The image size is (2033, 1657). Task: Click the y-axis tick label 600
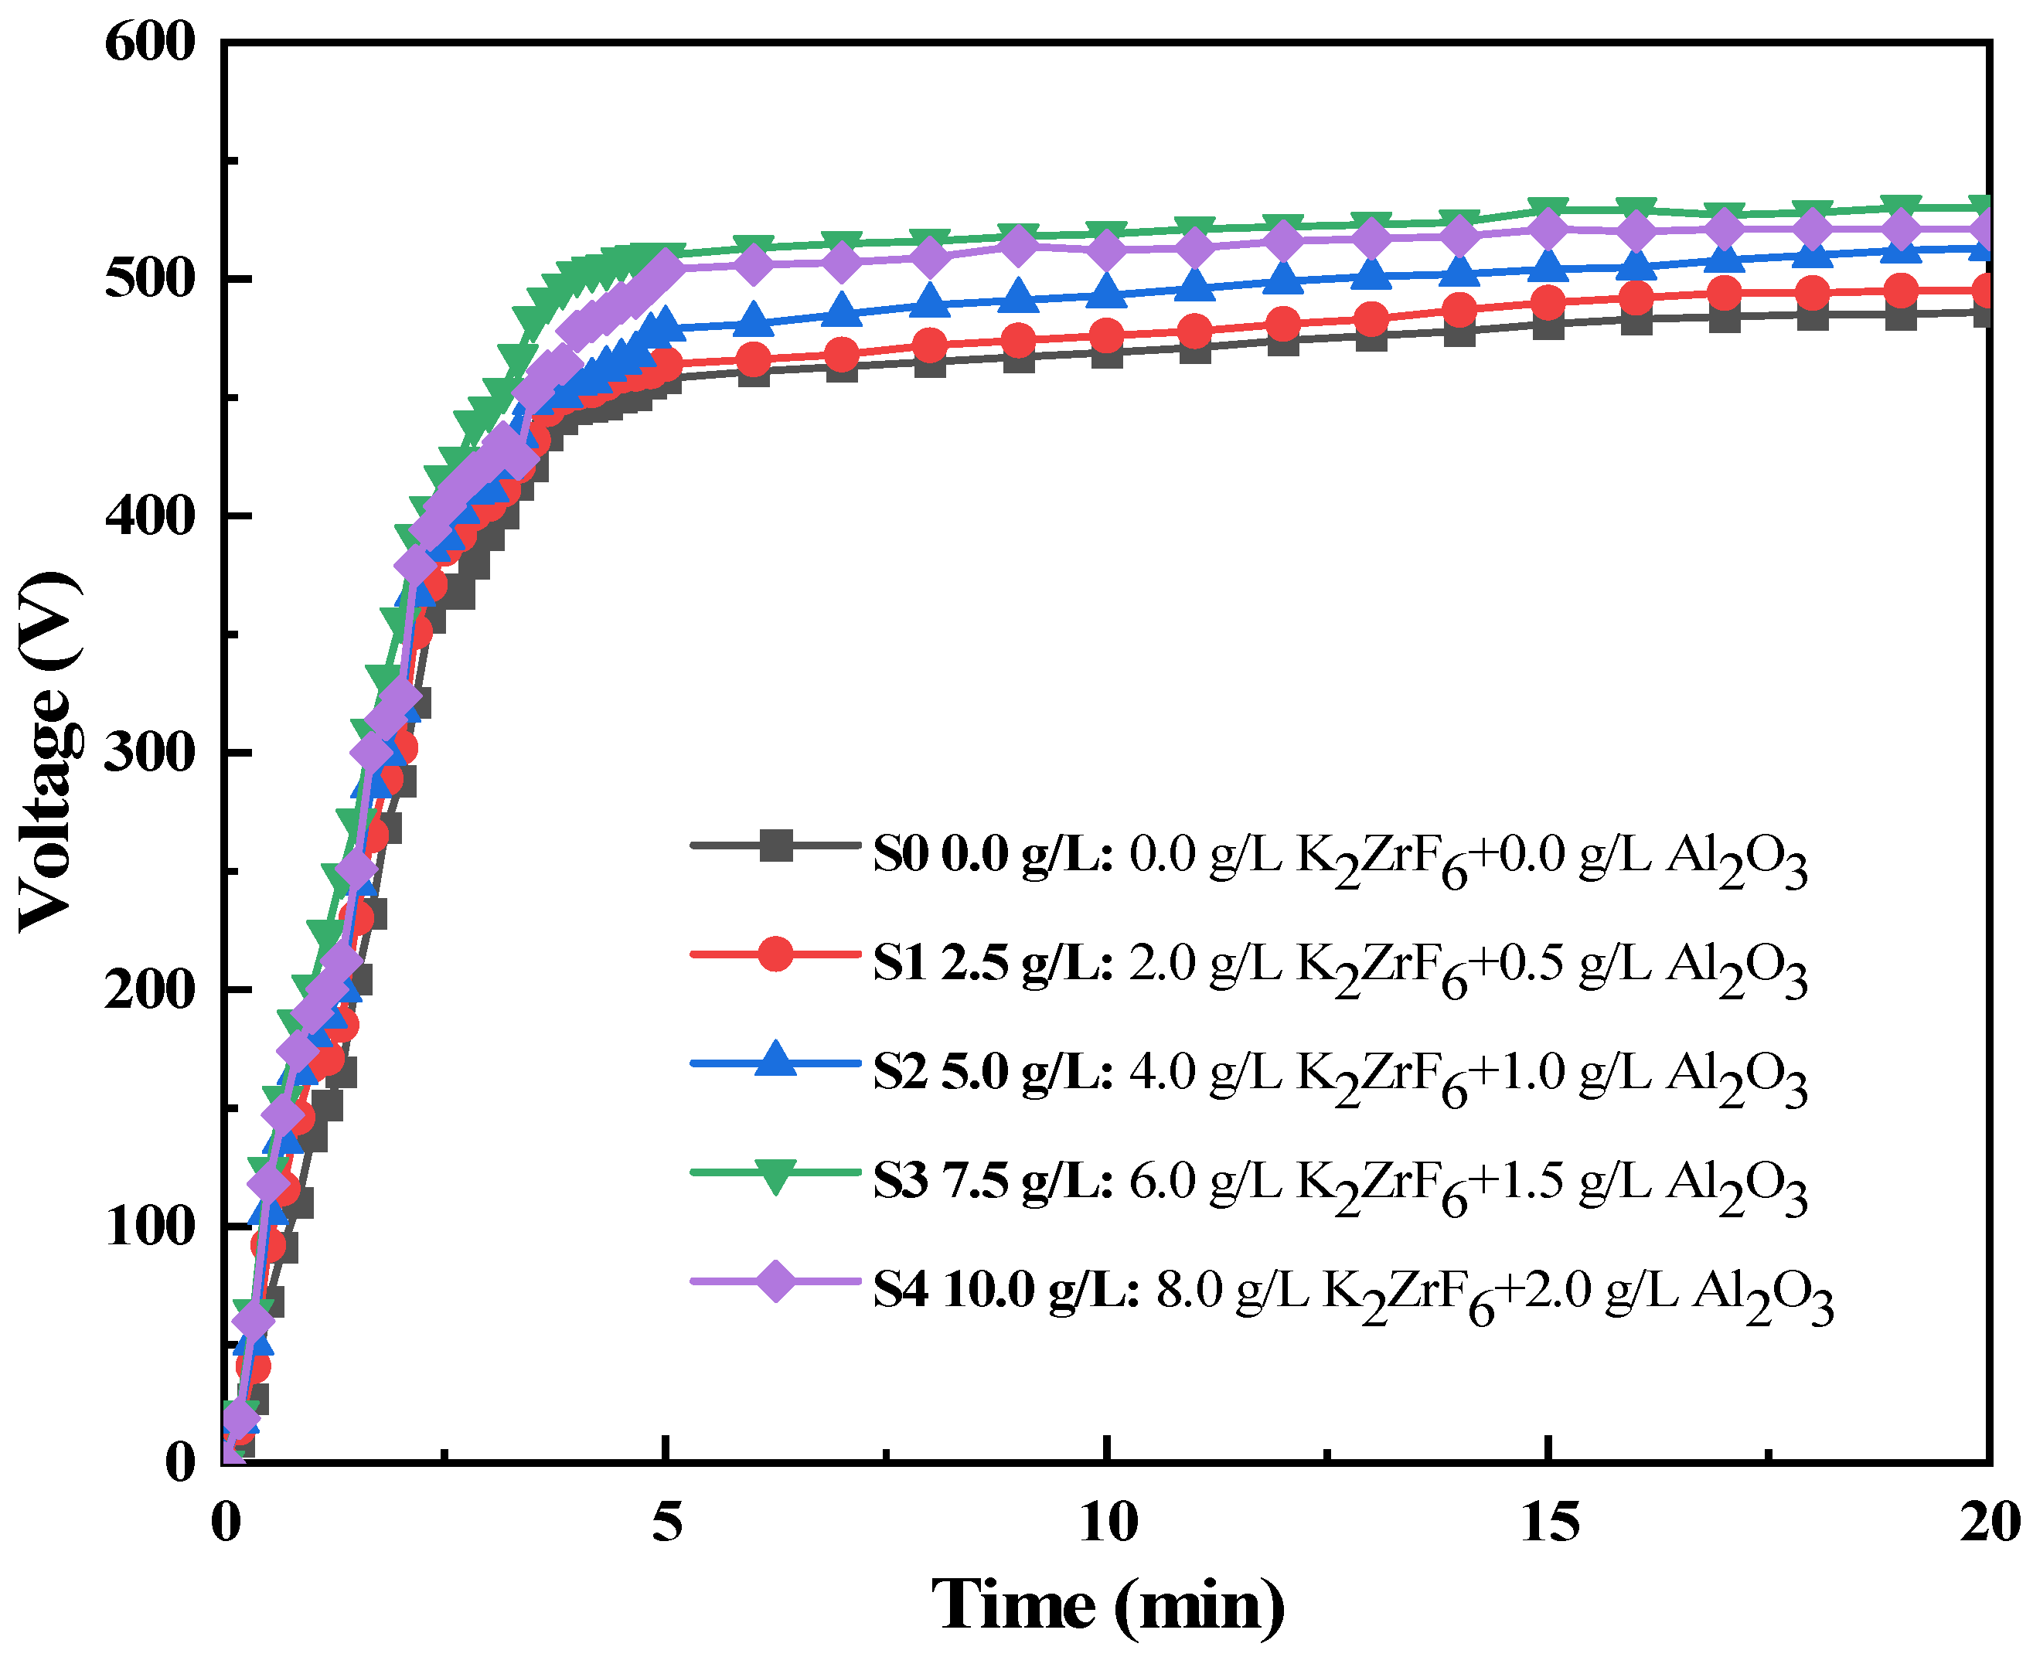tap(150, 43)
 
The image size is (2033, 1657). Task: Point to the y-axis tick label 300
tap(150, 753)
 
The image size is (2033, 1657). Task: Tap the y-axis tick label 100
tap(150, 1226)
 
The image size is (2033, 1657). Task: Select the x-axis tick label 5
tap(667, 1522)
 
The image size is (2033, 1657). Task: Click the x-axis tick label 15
tap(1549, 1522)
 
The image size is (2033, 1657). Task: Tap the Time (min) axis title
tap(1107, 1605)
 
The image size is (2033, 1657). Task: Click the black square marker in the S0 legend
tap(775, 845)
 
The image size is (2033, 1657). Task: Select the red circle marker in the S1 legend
tap(775, 954)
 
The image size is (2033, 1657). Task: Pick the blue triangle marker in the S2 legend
tap(775, 1061)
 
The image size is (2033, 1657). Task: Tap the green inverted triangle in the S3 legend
tap(775, 1173)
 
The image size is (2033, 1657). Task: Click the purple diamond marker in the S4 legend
tap(775, 1281)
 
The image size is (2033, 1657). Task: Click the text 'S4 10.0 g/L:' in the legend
tap(1006, 1291)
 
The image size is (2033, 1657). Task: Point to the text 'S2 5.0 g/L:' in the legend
tap(993, 1072)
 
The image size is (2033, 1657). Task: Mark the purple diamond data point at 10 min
tap(1107, 251)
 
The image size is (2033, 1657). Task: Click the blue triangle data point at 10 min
tap(1107, 292)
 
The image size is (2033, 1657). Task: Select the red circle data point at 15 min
tap(1548, 303)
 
